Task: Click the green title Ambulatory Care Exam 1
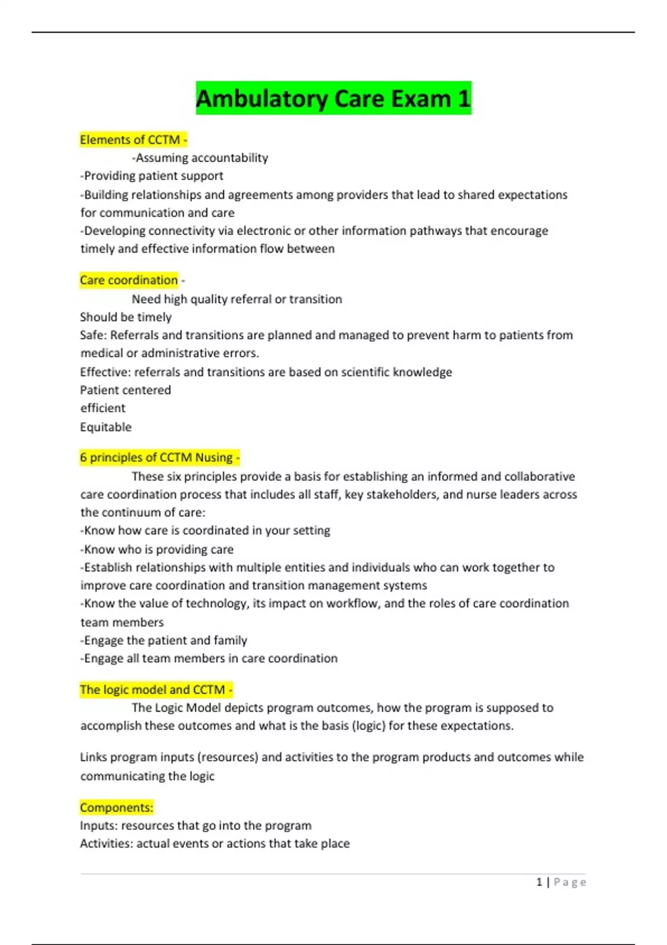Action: click(x=333, y=98)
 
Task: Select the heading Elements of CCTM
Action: click(x=132, y=140)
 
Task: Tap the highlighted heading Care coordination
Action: click(x=129, y=280)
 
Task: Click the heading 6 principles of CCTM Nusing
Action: click(x=158, y=457)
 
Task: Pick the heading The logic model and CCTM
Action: click(x=155, y=690)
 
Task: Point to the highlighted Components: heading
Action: click(x=116, y=807)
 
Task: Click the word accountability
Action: click(x=230, y=158)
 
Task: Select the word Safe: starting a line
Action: click(x=93, y=335)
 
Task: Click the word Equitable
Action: click(x=106, y=427)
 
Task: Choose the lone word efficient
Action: click(x=103, y=408)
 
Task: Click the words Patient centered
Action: click(x=125, y=390)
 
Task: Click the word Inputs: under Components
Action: click(x=98, y=825)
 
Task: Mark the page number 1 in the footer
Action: click(x=539, y=882)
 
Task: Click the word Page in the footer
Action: click(x=570, y=882)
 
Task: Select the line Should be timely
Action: click(x=126, y=317)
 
